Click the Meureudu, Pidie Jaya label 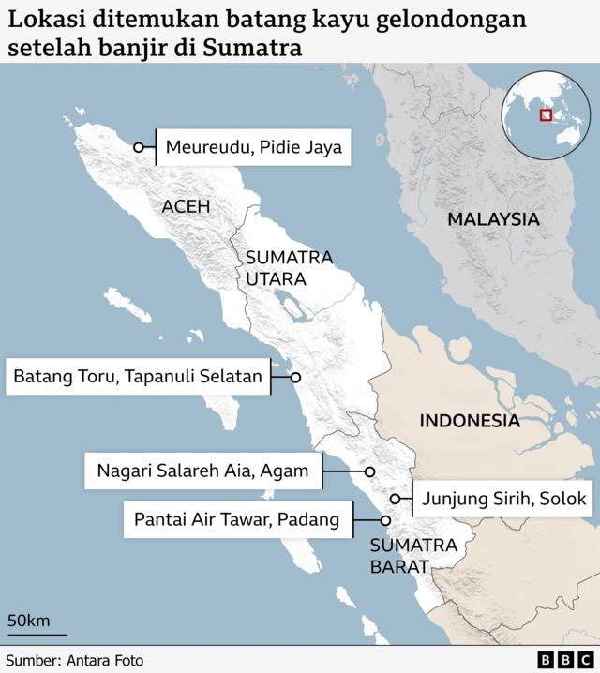253,147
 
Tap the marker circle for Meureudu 139,147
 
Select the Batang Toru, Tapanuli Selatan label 137,378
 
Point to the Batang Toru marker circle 294,378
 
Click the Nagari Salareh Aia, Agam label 202,471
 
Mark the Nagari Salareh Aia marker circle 369,471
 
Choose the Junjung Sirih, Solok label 504,499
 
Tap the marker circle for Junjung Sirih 396,499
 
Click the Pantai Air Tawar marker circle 385,520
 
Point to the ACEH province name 186,206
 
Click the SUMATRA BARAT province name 412,556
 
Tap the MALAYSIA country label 493,219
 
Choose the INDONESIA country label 469,421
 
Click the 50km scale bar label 29,621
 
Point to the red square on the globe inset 546,115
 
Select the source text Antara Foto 105,661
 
